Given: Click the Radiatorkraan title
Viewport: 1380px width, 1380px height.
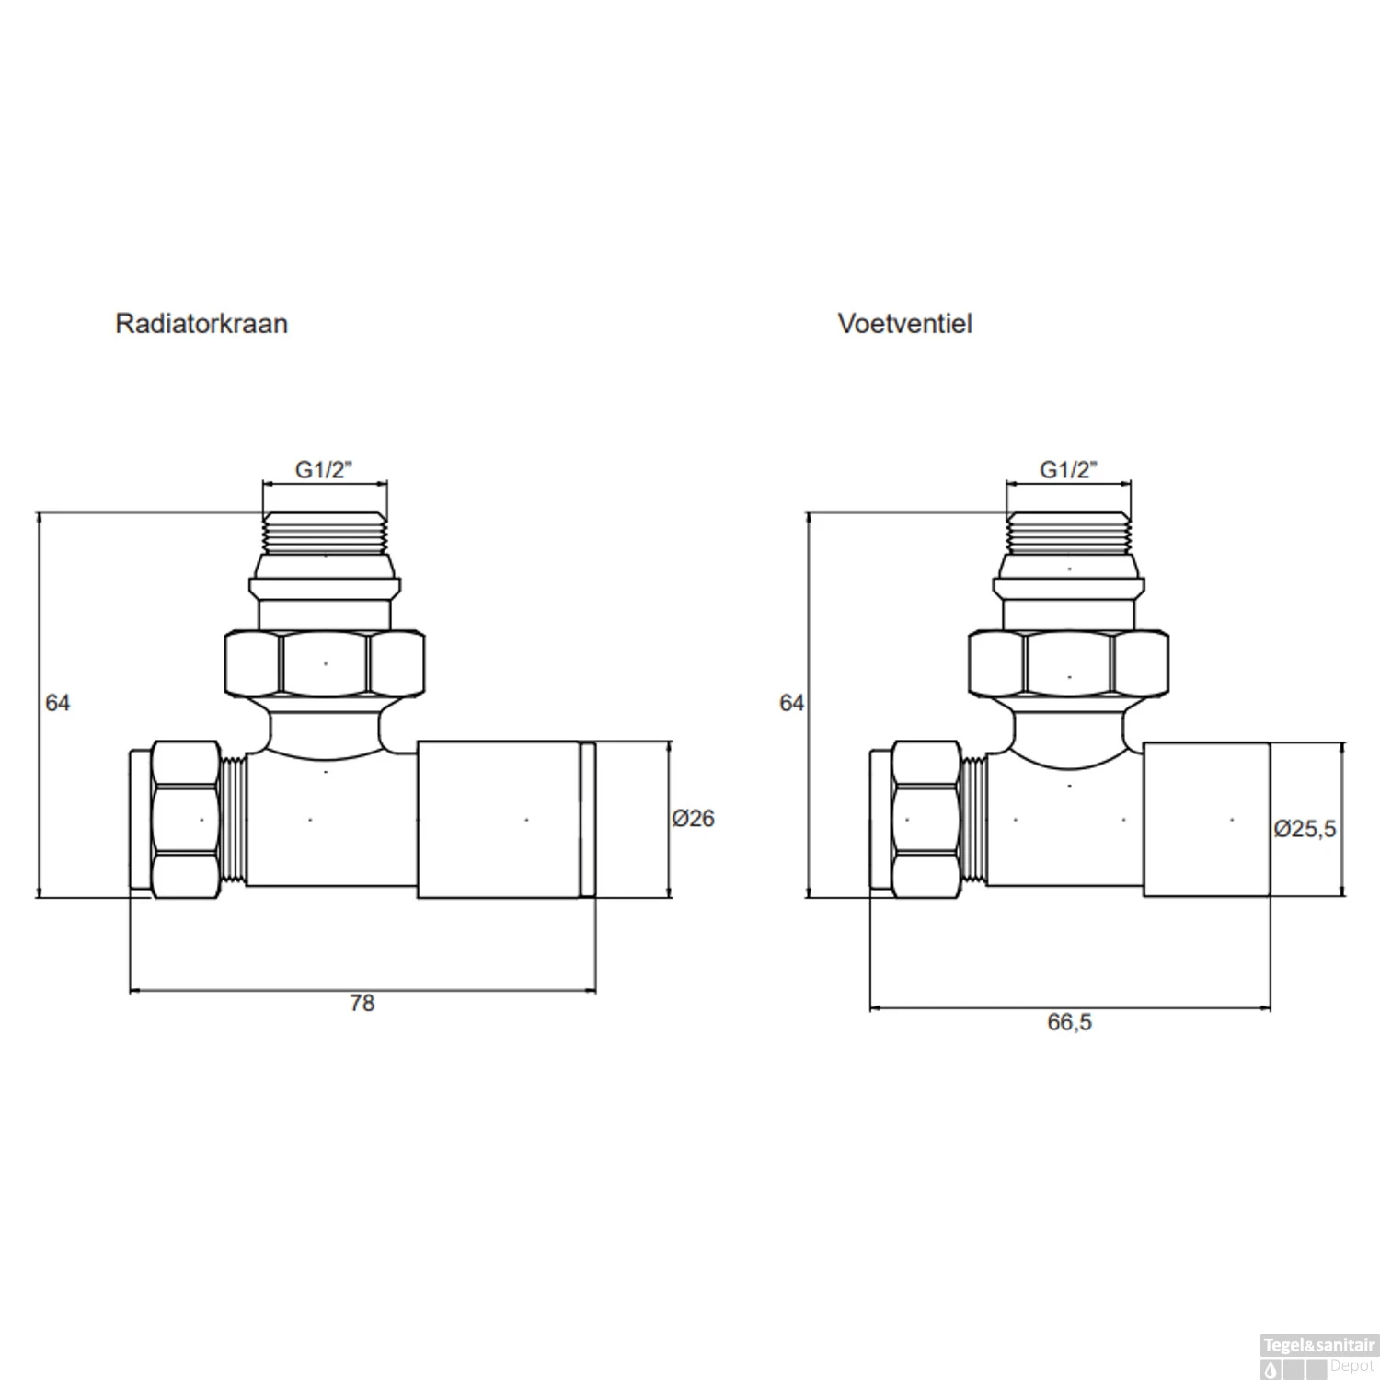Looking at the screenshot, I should click(x=201, y=324).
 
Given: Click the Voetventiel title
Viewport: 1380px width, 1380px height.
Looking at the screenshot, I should click(x=904, y=324).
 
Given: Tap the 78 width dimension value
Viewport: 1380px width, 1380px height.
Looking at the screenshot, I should click(x=362, y=1003).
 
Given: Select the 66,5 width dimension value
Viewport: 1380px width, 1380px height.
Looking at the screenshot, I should click(x=1069, y=1022).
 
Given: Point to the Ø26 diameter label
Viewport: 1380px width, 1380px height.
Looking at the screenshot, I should click(x=693, y=818).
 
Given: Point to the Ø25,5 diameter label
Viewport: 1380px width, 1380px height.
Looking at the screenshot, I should click(x=1305, y=829).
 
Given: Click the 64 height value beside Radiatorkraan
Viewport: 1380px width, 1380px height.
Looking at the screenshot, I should click(x=57, y=703).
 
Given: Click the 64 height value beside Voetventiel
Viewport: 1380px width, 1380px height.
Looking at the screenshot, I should click(x=791, y=703).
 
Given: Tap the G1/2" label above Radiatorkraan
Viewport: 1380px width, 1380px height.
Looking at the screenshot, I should click(x=324, y=469).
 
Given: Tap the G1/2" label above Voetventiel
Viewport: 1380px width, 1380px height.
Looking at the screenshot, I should click(x=1068, y=469).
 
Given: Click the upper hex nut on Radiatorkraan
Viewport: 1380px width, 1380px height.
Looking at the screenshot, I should click(x=325, y=663).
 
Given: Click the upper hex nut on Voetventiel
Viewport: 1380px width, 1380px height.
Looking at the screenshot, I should click(x=1069, y=663).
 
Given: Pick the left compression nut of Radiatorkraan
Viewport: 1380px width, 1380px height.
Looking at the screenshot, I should click(x=186, y=820).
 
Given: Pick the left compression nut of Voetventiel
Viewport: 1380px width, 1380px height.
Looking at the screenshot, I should click(x=926, y=820).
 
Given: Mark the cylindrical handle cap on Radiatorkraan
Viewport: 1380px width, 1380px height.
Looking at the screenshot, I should click(x=498, y=819).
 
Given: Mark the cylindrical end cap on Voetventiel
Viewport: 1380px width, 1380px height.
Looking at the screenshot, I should click(x=1206, y=819).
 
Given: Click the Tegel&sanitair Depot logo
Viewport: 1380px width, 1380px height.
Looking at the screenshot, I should click(x=1318, y=1355).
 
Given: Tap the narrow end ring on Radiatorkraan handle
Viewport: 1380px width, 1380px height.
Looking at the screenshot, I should click(x=588, y=819).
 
